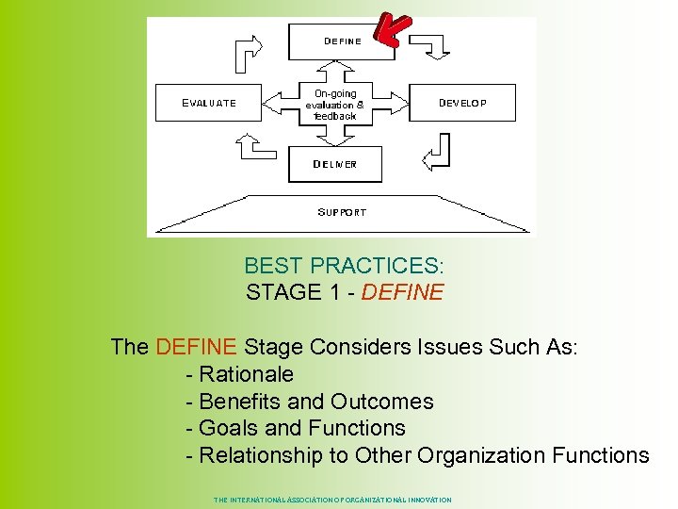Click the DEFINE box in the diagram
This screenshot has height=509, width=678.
342,41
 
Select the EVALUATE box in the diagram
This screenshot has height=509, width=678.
209,103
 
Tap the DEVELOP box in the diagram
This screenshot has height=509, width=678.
462,103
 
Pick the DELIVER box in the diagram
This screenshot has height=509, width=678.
335,164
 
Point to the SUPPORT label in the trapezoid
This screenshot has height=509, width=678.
342,212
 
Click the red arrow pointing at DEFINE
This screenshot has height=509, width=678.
392,29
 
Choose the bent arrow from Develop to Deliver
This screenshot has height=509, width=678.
437,151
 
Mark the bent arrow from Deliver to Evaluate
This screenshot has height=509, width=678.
253,148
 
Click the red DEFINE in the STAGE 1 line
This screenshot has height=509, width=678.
402,292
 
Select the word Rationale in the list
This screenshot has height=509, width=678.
247,374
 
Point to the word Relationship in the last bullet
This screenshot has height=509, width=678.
261,455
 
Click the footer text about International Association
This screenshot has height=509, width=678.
332,500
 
